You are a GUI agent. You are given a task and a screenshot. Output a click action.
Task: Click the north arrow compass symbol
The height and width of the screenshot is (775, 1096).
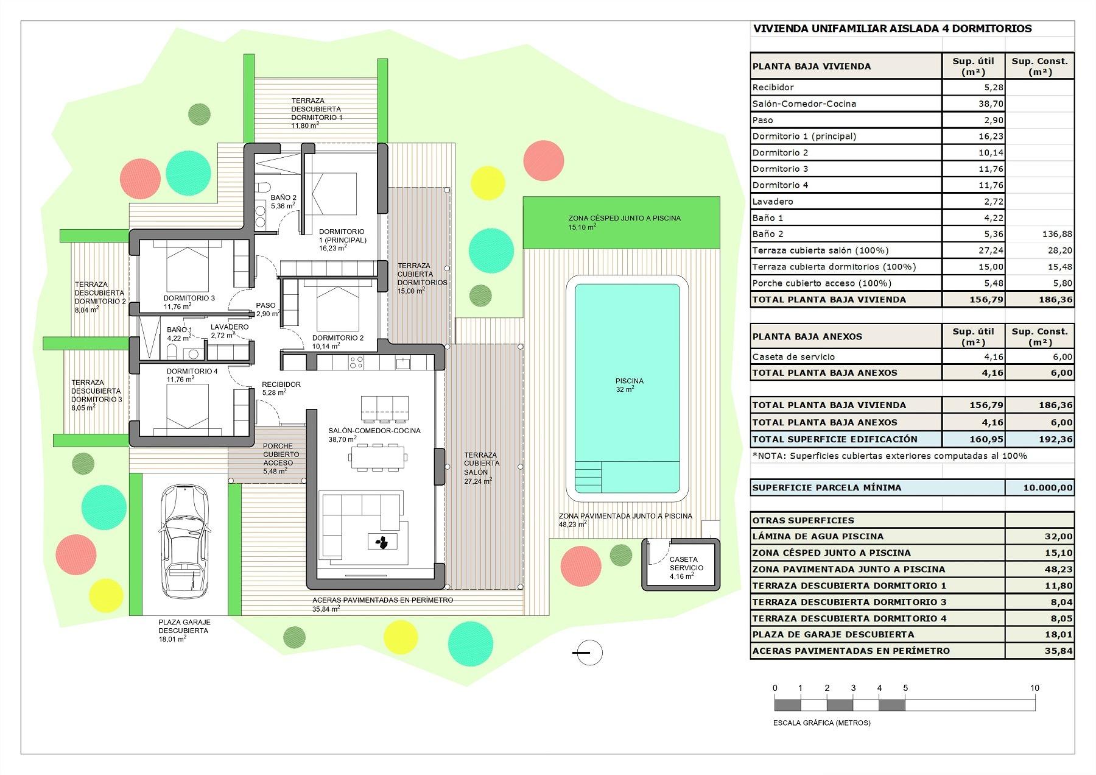point(588,653)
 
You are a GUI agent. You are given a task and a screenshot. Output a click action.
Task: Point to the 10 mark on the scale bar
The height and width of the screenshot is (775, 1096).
point(1034,688)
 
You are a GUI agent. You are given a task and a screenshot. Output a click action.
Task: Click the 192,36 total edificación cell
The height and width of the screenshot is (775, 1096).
point(1039,439)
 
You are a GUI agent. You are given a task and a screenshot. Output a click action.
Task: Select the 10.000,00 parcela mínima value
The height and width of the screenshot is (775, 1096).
point(1039,487)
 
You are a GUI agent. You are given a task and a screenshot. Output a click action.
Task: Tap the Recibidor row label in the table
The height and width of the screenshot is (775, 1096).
point(773,87)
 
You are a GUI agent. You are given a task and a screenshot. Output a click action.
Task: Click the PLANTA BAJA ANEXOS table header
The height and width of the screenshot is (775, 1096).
point(807,336)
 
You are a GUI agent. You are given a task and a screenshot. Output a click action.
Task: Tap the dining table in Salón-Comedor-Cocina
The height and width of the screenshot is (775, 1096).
point(378,458)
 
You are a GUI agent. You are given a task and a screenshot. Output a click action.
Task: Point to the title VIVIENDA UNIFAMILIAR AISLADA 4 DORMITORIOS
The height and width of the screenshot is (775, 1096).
point(892,29)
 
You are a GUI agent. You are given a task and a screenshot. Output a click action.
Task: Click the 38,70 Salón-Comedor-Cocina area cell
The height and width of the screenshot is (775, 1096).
point(973,104)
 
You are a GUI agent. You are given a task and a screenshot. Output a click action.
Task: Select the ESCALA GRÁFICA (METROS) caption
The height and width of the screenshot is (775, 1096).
point(821,723)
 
